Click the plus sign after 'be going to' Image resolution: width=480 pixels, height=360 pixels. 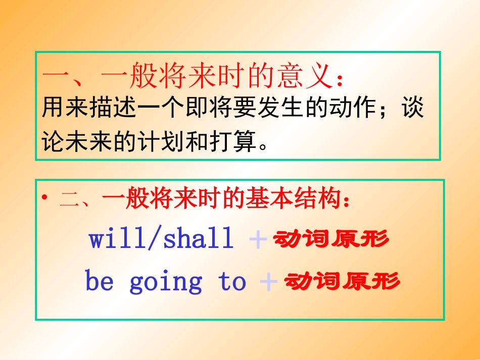click(268, 282)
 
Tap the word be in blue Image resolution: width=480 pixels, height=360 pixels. click(100, 281)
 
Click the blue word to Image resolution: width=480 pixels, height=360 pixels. click(233, 282)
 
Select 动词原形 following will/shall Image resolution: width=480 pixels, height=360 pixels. click(331, 239)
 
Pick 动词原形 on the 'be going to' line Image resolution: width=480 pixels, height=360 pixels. click(342, 281)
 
